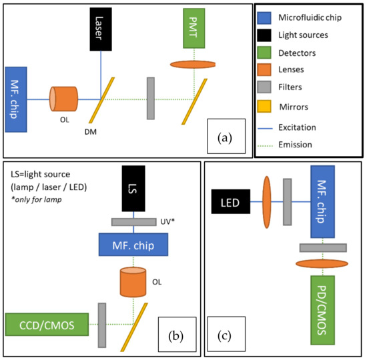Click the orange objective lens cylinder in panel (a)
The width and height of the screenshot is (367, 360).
[64, 99]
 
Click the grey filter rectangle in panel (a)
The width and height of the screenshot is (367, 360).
[151, 99]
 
